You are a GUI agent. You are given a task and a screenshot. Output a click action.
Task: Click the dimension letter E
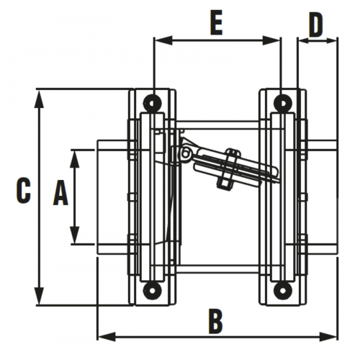coord(217,23)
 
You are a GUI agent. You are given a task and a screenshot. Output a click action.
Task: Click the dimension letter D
coord(316,24)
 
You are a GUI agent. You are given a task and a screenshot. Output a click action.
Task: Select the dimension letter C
coord(24,190)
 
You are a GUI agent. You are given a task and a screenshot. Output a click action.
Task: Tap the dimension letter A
coord(60,193)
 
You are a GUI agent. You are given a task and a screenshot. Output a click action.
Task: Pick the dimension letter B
coord(216,322)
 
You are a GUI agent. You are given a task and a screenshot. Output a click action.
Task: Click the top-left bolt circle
coord(152,103)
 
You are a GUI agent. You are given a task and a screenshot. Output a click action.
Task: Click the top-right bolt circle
coord(283,103)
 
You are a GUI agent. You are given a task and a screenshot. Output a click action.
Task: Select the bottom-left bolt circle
coord(152,290)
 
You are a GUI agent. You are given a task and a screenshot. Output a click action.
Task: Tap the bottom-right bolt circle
coord(283,290)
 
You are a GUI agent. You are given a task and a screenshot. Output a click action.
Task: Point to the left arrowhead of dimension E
coord(163,40)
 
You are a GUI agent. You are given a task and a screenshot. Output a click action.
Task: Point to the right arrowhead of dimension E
coord(271,40)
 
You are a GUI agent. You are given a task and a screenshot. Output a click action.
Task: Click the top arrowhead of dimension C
coord(40,99)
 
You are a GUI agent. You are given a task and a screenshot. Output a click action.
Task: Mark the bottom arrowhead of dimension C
coord(40,296)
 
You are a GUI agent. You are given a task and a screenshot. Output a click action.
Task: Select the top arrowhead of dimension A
coord(75,159)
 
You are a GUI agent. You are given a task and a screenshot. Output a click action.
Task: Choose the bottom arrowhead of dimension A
coord(75,235)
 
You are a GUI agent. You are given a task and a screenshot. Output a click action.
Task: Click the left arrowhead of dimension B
coord(107,336)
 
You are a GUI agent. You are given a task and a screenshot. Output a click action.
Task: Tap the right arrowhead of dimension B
coord(328,336)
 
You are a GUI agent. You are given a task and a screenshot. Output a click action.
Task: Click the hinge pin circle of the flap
coord(185,153)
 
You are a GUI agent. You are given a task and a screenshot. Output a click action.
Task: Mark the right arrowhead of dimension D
coord(332,41)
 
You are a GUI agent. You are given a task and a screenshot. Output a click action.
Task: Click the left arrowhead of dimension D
coord(303,41)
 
